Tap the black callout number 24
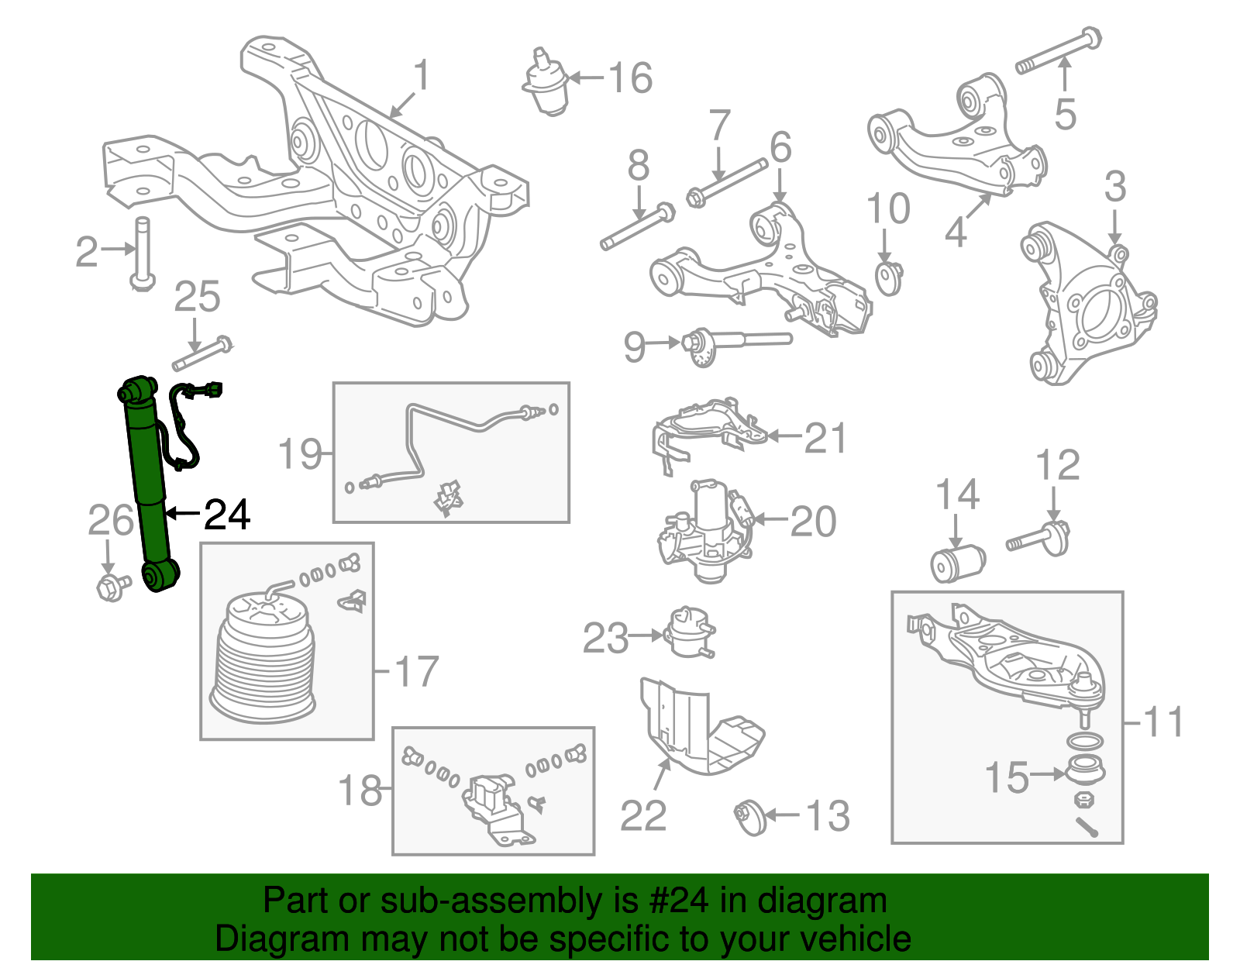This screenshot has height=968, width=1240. point(227,514)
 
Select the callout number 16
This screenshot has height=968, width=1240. point(630,78)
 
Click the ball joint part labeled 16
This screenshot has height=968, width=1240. point(547,84)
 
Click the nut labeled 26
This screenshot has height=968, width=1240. point(111,587)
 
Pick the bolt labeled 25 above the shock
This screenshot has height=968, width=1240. point(202,353)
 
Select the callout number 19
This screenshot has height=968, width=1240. point(299,453)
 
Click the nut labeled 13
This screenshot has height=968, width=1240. point(749,817)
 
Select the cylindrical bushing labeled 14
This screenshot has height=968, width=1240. point(957,563)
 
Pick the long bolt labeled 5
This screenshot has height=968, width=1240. point(1058,50)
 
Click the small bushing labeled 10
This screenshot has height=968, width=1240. point(889,277)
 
